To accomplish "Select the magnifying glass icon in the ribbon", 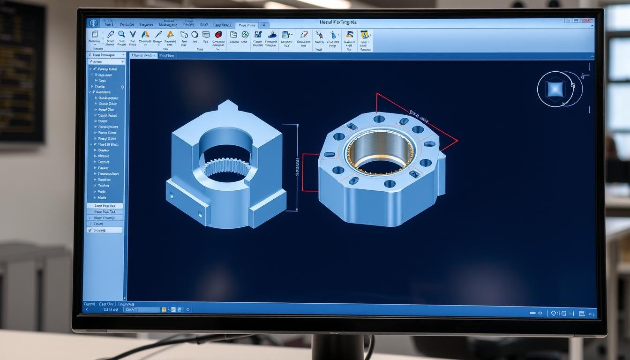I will [121, 34].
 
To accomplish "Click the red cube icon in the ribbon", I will [218, 34].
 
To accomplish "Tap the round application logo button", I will [92, 23].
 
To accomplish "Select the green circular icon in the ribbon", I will [245, 34].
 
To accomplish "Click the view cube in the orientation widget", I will [556, 89].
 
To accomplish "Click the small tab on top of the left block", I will [228, 105].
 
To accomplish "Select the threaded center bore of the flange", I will [380, 152].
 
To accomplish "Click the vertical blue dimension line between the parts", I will [297, 167].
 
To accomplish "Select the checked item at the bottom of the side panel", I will [105, 230].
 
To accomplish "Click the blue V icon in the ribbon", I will [133, 34].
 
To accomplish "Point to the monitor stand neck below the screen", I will [337, 347].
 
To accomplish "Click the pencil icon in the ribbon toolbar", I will [111, 34].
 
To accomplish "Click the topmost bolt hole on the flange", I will [379, 119].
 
